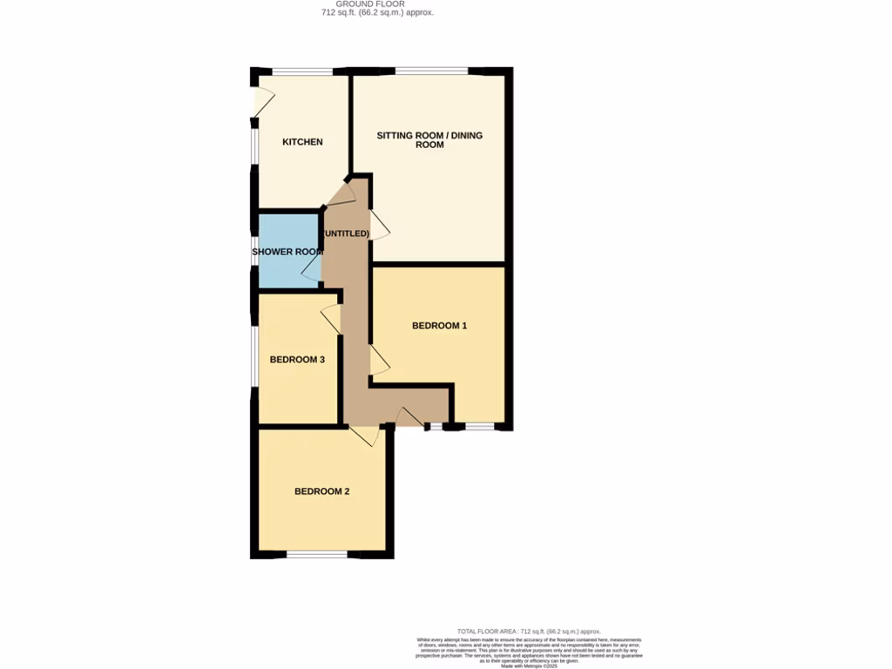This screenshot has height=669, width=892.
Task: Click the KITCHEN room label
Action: [302, 142]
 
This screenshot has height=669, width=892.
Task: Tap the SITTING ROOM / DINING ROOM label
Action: [429, 140]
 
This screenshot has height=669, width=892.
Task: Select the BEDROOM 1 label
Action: [439, 326]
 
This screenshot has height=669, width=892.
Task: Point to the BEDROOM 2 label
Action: [321, 491]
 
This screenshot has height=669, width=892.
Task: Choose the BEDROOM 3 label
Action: [297, 360]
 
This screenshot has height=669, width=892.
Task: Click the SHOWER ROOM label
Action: [287, 252]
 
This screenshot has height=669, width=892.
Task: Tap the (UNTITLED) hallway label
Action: [346, 234]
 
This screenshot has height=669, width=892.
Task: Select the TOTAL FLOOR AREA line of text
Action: [529, 631]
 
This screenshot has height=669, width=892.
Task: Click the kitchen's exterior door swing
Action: [259, 101]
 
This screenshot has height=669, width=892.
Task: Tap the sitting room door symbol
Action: [380, 224]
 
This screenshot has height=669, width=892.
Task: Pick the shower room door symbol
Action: [311, 267]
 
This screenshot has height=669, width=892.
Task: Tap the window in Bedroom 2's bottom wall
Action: [317, 554]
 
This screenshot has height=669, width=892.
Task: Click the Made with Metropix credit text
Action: [529, 666]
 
